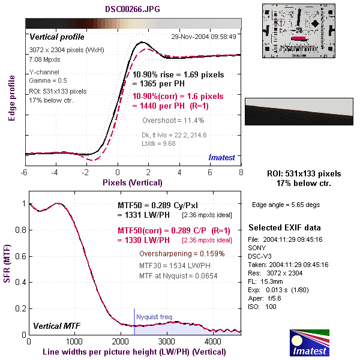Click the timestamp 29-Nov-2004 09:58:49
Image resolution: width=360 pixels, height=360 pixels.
point(203,36)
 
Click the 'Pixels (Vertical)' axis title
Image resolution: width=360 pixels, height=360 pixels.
point(132,182)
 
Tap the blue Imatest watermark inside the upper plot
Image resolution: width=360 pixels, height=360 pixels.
point(224,157)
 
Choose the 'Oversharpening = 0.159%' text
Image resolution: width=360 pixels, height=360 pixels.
point(181,253)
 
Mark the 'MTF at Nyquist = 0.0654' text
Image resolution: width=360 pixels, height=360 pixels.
point(178,275)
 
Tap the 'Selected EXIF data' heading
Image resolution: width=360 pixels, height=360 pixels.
point(284,228)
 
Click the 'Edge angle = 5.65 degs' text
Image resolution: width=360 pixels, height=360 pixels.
point(286,205)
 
